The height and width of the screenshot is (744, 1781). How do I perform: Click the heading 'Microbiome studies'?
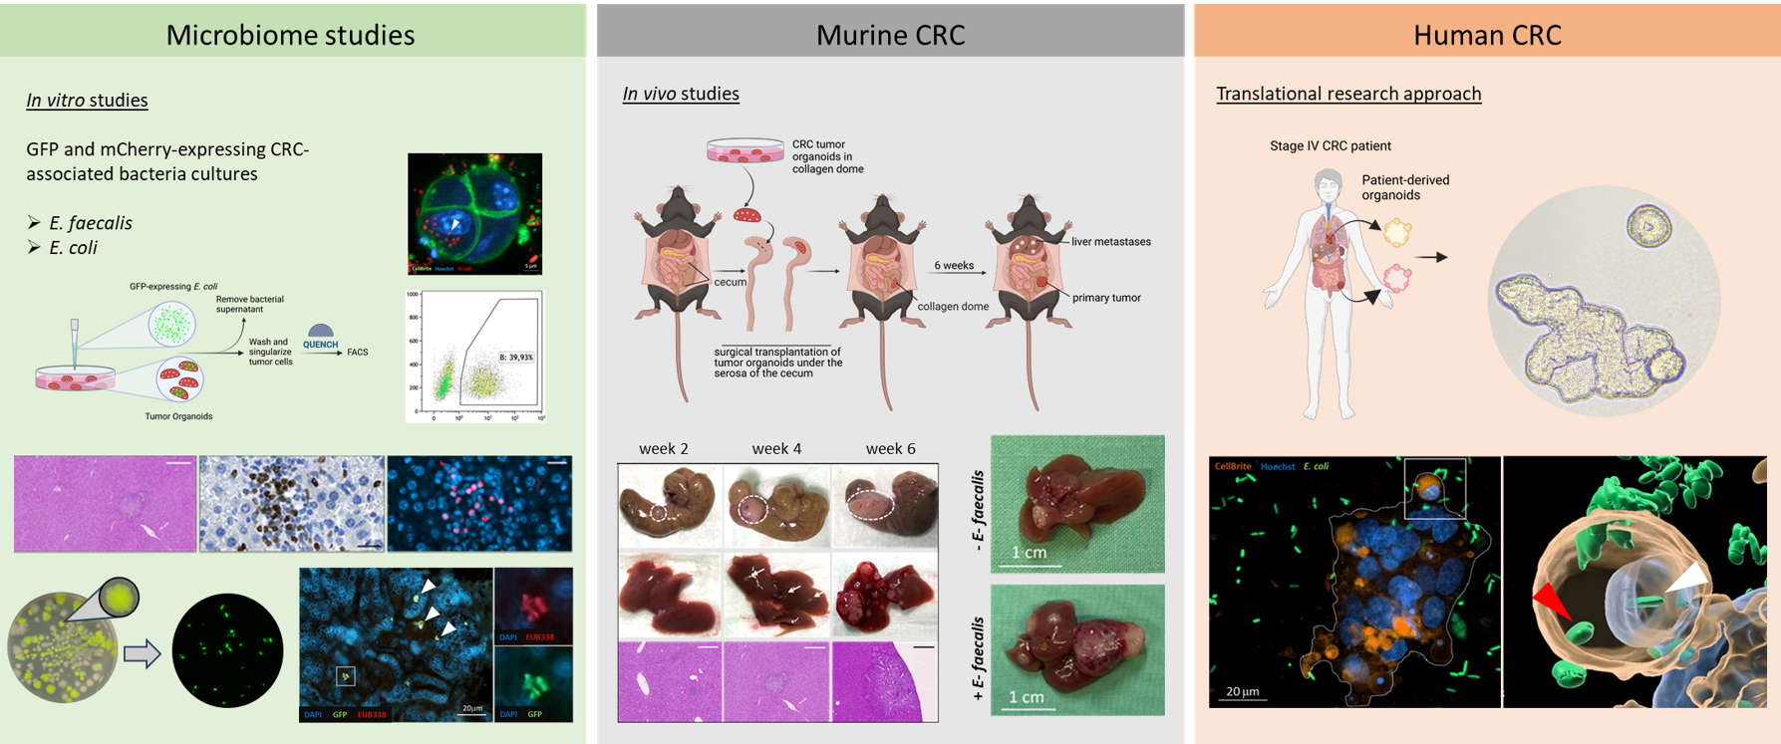coord(290,35)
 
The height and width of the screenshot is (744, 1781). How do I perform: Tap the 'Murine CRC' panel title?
coord(890,35)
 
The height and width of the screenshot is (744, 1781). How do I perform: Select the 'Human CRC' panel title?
coord(1486,35)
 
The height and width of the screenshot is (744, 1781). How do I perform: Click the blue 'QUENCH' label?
coord(320,345)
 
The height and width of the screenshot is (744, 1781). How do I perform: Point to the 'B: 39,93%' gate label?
coord(516,357)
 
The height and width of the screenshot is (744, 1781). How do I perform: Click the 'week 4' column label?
coord(776,449)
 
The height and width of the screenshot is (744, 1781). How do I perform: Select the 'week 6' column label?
coord(890,449)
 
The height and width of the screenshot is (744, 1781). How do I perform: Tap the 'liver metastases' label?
coord(1111,242)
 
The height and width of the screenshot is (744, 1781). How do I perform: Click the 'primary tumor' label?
coord(1106,298)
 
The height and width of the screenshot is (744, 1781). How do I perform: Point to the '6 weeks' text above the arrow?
coord(954,266)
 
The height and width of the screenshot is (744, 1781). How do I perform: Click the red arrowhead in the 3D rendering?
coord(1550,602)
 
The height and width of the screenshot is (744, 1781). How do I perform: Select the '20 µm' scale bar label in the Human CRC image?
coord(1243,691)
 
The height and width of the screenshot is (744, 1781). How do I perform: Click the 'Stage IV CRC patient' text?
coord(1330,145)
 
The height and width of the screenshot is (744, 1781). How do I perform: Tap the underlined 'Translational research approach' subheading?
coord(1348,94)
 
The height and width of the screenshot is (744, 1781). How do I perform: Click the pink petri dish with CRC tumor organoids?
coord(744,150)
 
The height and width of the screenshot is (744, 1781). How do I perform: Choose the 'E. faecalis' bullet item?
coord(91,223)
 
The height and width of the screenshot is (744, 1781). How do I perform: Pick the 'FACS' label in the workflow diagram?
coord(357,352)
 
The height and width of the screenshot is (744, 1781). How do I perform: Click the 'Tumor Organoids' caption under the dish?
coord(178,416)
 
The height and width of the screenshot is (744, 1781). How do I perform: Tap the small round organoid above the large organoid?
coord(1648,228)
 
